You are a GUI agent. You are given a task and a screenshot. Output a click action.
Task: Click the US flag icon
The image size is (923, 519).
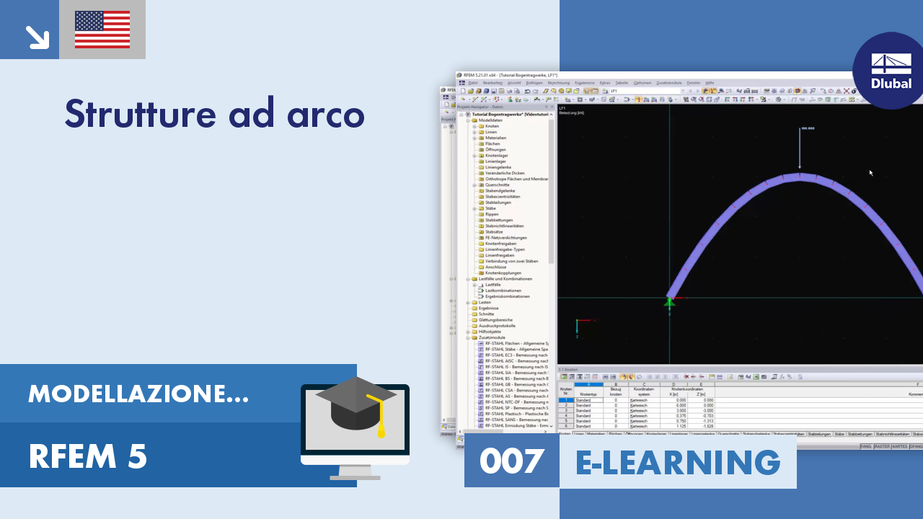(x=102, y=30)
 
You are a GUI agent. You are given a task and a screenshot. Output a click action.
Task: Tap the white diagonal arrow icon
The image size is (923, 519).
(x=35, y=37)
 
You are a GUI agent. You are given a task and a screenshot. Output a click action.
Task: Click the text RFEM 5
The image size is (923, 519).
(x=87, y=456)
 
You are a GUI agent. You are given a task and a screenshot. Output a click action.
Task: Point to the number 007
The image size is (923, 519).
(x=511, y=461)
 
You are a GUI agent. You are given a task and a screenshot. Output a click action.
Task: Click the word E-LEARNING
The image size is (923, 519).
(x=678, y=462)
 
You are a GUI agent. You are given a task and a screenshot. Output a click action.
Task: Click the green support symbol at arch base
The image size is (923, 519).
(x=669, y=303)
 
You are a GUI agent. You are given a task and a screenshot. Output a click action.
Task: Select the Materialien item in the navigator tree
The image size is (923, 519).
(x=495, y=138)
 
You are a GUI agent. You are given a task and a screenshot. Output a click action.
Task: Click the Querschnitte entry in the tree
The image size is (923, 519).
(x=498, y=185)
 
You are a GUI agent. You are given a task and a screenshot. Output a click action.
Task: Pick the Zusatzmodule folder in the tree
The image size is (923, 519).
(x=493, y=337)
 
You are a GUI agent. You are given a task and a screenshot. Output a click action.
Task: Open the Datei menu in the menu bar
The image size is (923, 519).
(x=473, y=83)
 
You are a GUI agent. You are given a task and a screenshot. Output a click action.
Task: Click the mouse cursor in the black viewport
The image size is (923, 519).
(x=870, y=172)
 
